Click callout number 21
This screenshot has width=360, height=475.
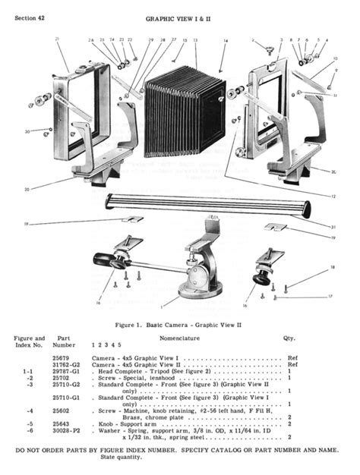(57, 39)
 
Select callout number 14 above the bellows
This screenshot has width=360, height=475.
(225, 39)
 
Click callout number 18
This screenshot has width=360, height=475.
(333, 268)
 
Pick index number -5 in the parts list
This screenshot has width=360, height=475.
(30, 423)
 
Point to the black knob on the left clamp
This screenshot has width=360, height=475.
(119, 262)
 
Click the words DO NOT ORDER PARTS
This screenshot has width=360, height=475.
(50, 451)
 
